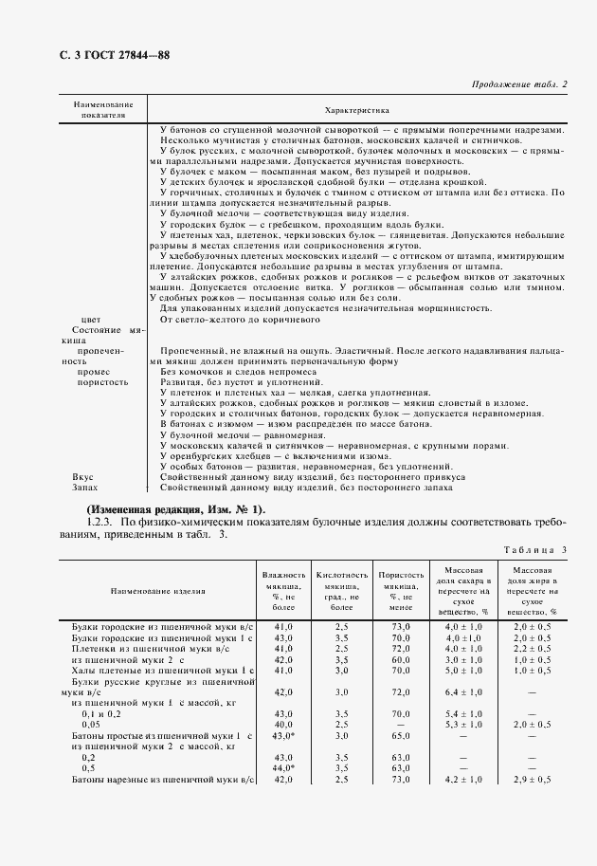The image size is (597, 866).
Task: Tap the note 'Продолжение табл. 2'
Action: (x=518, y=85)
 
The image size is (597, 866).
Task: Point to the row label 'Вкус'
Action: (x=82, y=476)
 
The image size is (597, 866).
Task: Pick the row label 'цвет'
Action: (x=91, y=320)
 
